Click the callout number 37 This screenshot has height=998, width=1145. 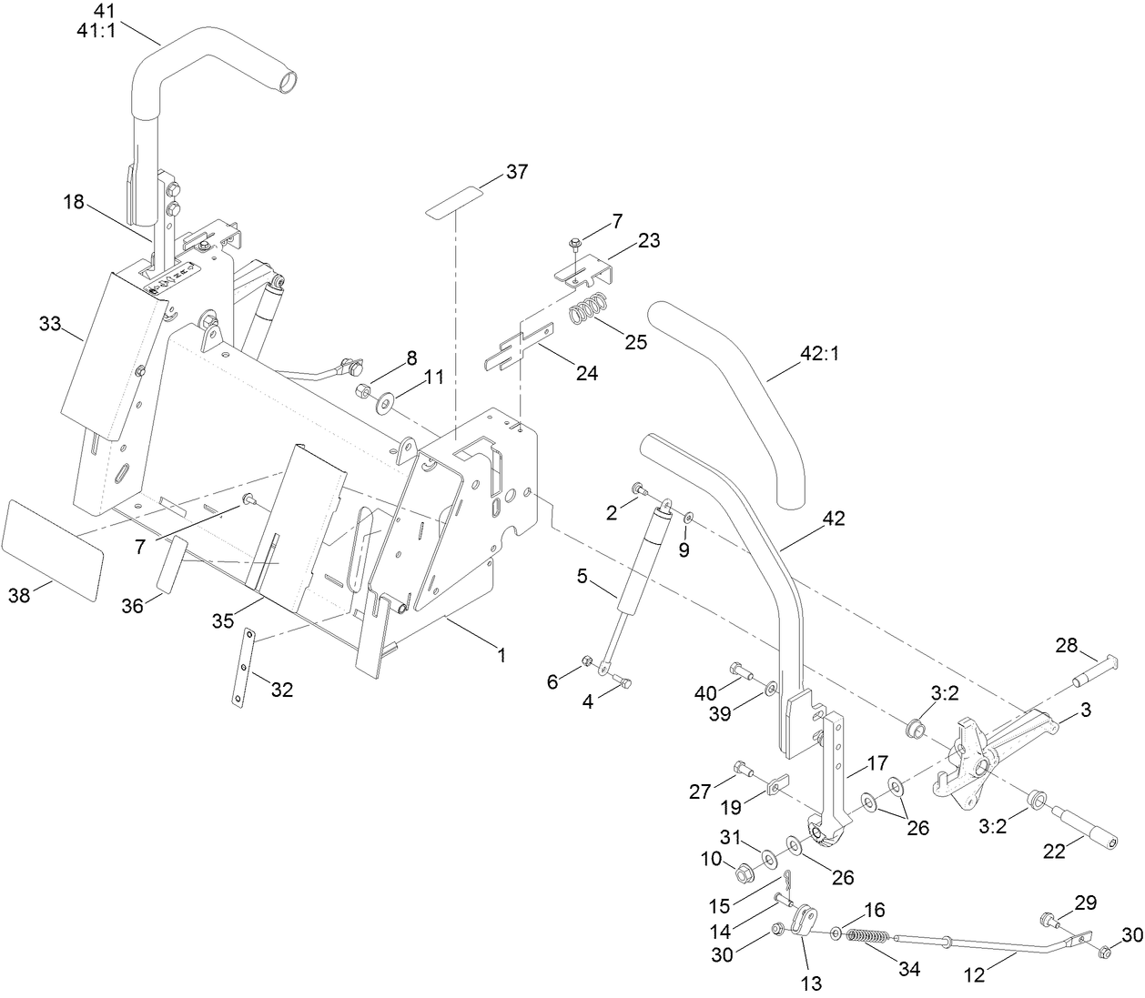pyautogui.click(x=517, y=172)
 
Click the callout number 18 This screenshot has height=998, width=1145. pyautogui.click(x=74, y=202)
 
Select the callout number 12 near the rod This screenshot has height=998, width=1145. pyautogui.click(x=974, y=975)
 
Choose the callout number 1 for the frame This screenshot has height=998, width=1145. pyautogui.click(x=500, y=653)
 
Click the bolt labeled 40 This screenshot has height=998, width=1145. pyautogui.click(x=743, y=674)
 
